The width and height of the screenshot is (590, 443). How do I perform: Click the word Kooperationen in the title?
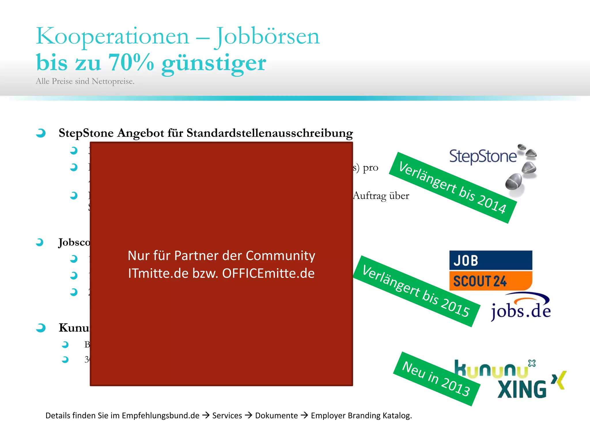coord(112,36)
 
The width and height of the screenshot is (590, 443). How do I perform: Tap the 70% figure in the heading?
coord(131,62)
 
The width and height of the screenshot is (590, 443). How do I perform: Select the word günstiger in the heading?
coord(214,63)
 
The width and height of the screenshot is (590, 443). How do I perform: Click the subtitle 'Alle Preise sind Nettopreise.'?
coord(85,81)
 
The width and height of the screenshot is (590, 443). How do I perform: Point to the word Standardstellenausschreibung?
coord(270,133)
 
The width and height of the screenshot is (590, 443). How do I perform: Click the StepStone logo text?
coord(483,157)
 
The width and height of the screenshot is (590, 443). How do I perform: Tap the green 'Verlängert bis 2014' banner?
coord(452,188)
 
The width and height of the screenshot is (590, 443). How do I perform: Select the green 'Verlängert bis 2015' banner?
coord(416,291)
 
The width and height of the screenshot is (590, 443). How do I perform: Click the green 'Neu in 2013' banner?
coord(436,379)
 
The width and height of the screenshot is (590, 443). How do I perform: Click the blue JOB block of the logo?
coord(490,260)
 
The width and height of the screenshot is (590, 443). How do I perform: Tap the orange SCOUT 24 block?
coord(490,281)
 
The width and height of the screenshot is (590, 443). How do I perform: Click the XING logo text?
coord(522,389)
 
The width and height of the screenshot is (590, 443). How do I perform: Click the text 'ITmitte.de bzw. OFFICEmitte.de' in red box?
coord(221,273)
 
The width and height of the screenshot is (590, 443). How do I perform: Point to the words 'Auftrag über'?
coord(381,196)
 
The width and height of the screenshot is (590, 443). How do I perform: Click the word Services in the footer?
coord(227,416)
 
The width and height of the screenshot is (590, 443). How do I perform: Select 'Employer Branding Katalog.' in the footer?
coord(361,416)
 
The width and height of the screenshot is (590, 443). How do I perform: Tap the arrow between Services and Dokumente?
coord(248,415)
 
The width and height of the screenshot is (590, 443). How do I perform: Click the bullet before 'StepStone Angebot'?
coord(41,133)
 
